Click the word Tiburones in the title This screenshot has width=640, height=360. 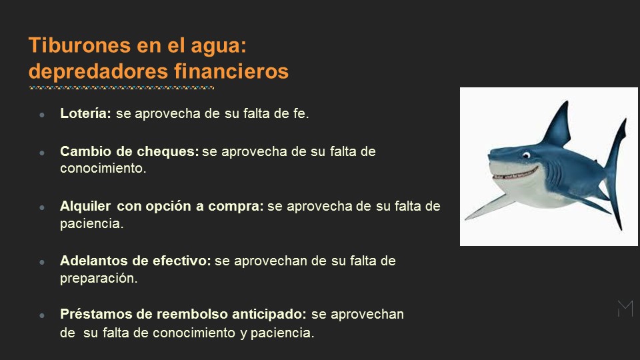[80, 45]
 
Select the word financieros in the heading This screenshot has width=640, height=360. [231, 71]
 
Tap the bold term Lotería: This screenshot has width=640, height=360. [86, 113]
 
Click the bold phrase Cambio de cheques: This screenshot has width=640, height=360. [129, 151]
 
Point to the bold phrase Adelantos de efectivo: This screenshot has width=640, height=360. [135, 261]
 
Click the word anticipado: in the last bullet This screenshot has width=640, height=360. [269, 314]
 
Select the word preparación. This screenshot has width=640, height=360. [99, 279]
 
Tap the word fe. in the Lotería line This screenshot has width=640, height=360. [301, 113]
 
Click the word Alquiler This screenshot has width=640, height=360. [85, 206]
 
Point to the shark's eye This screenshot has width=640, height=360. [526, 155]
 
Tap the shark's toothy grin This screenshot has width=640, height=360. [515, 173]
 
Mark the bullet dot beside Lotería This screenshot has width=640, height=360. [42, 115]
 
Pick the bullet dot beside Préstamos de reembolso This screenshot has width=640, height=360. [42, 315]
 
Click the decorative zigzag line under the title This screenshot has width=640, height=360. [121, 87]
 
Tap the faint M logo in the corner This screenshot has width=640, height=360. [625, 309]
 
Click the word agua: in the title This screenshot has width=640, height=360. [219, 46]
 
